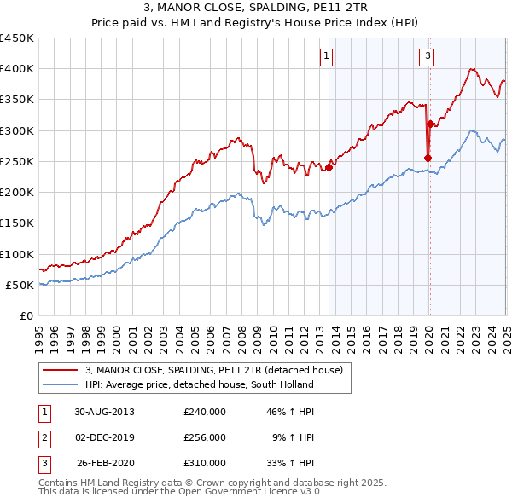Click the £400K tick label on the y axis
17,69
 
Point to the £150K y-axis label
17,223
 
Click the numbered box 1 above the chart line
327,57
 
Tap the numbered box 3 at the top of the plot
428,57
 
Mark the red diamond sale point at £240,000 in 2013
329,167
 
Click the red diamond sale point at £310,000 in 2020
430,124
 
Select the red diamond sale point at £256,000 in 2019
428,158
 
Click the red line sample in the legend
60,370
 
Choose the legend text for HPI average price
200,384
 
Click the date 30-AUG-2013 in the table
104,412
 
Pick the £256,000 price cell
205,437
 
